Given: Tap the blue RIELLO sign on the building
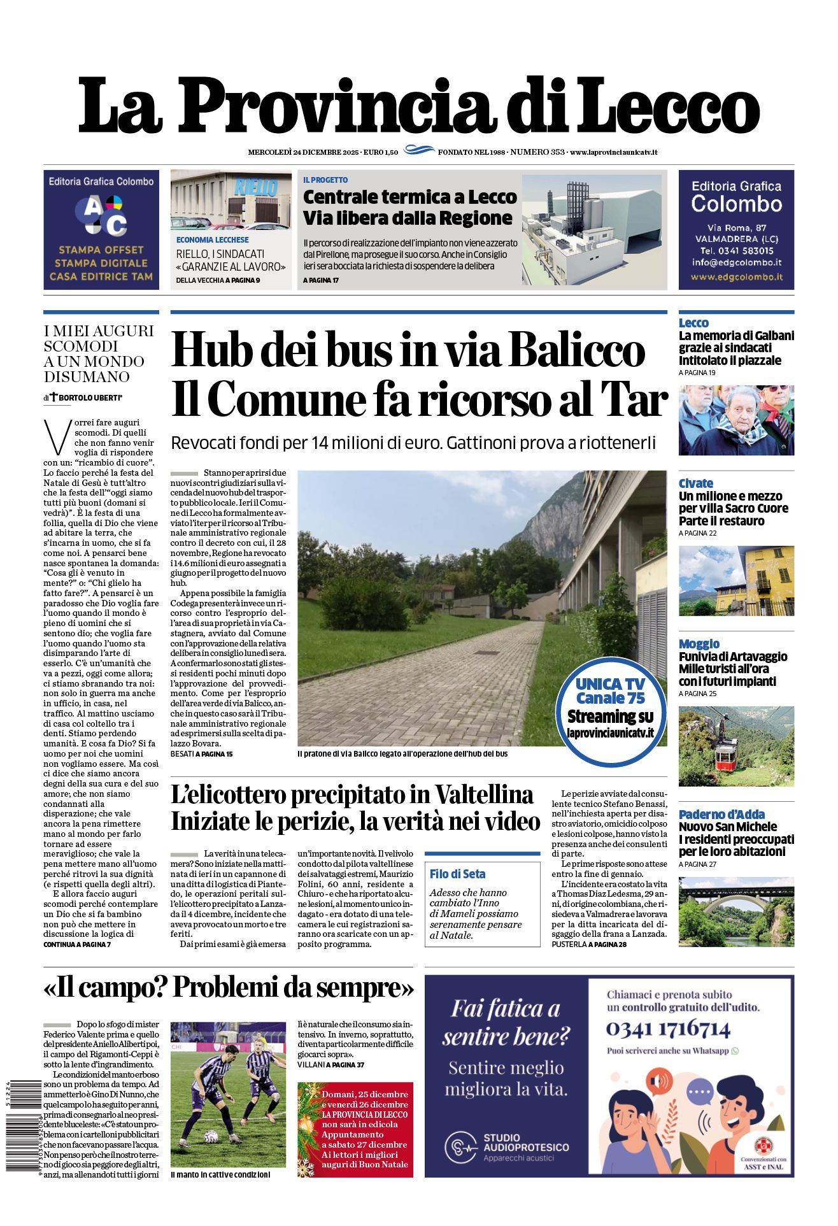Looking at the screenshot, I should click(x=256, y=187).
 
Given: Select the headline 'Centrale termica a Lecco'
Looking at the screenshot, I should click(x=409, y=197).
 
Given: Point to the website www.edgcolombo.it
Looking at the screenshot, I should click(x=736, y=277).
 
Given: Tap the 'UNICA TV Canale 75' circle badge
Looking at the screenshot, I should click(x=610, y=708).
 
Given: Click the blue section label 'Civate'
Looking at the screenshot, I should click(x=695, y=483).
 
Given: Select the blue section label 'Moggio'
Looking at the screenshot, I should click(x=699, y=644).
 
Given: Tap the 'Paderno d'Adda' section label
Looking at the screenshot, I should click(x=721, y=814).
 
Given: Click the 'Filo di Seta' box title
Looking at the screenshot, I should click(x=457, y=874).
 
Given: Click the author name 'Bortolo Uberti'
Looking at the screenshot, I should click(x=91, y=398).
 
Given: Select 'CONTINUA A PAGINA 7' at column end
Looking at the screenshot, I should click(x=77, y=944).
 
